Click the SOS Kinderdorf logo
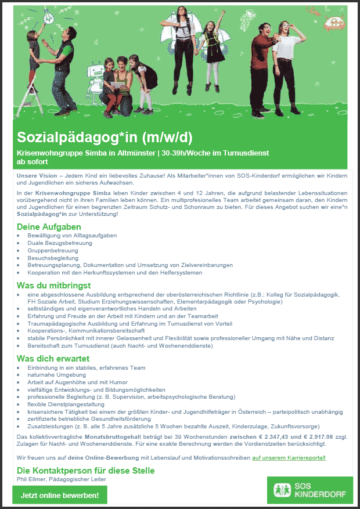[310, 490]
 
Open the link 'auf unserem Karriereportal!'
[289, 458]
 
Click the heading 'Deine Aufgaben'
[49, 226]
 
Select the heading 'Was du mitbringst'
[54, 286]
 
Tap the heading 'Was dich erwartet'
[53, 358]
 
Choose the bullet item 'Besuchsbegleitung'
[53, 258]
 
